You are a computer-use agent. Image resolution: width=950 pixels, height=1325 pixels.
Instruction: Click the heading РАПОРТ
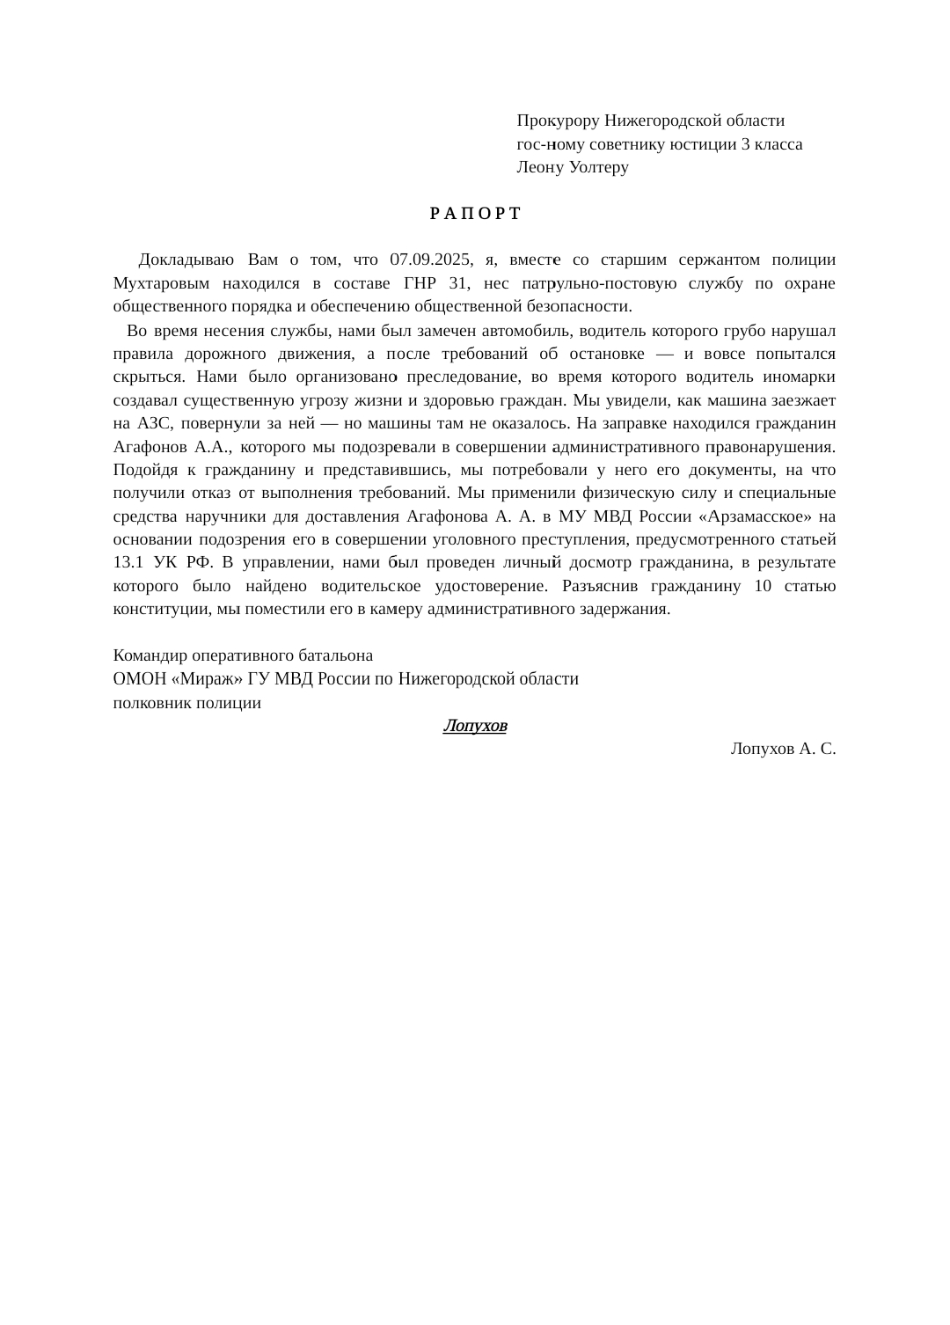475,214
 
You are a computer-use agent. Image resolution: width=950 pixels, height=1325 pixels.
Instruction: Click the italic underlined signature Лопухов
475,726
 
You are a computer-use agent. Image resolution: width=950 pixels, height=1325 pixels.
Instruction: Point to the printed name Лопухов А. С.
782,749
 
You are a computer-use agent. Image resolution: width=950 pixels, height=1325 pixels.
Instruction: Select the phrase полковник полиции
187,703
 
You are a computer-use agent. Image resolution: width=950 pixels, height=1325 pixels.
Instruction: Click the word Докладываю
186,260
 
